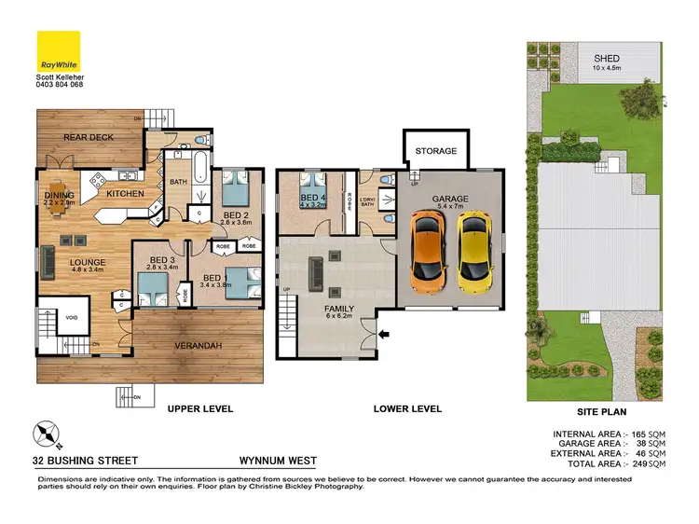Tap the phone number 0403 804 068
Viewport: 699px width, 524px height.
[60, 84]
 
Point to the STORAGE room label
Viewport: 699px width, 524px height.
[435, 151]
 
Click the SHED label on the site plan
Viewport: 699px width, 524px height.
[607, 59]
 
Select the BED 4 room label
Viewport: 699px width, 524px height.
[311, 199]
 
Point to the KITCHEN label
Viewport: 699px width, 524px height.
[125, 194]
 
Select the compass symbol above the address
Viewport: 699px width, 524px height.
[46, 434]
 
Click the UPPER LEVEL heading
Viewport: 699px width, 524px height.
[199, 409]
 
